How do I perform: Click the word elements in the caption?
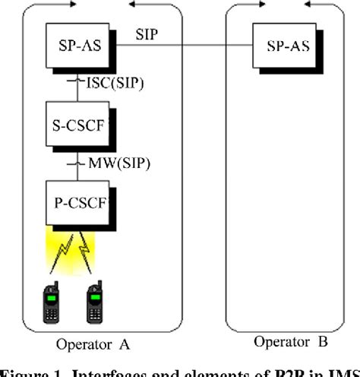(x=191, y=371)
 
